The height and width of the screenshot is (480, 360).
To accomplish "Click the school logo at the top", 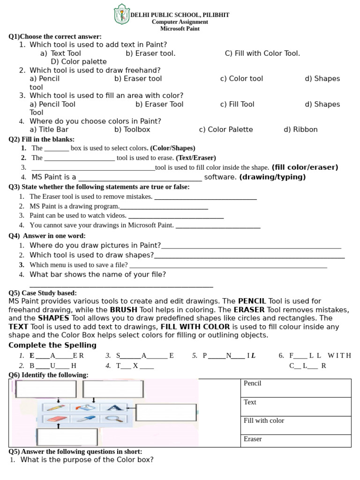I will [x=121, y=14].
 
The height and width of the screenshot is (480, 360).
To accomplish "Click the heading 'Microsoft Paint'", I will [x=180, y=29].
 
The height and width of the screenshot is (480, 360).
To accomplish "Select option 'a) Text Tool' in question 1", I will [x=61, y=53].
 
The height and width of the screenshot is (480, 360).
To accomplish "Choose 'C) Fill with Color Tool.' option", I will [x=262, y=53].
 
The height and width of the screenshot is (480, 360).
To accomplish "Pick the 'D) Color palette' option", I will [x=78, y=62].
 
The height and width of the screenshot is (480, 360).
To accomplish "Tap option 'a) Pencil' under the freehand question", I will [x=45, y=79].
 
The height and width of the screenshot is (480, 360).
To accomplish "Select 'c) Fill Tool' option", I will [x=237, y=104].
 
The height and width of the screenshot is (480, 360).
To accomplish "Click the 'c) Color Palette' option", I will [x=225, y=129].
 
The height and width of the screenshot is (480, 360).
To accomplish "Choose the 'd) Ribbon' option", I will [x=300, y=129].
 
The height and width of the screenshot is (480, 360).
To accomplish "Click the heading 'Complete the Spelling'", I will [x=52, y=345].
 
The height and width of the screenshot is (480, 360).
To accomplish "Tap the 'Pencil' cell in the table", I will [x=296, y=388].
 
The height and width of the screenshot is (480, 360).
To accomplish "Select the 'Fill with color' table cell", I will [x=296, y=425].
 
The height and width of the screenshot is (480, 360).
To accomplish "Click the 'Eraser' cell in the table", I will [x=296, y=441].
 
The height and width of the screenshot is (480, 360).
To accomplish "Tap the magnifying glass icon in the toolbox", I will [x=113, y=419].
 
